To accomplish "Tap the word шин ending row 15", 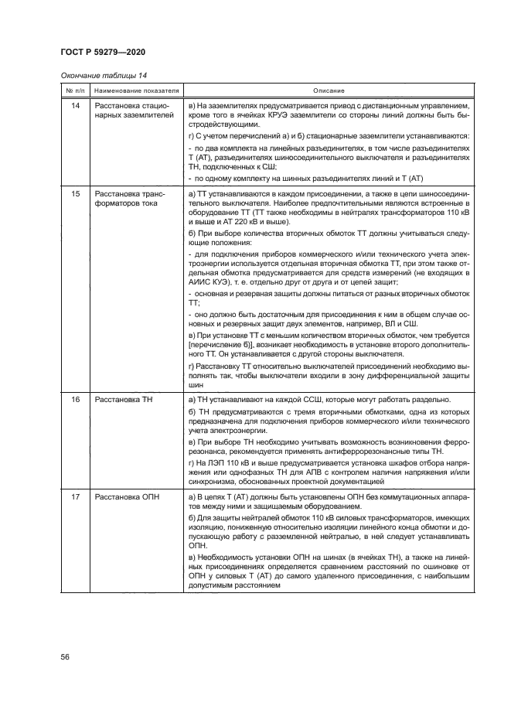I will pos(195,384).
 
